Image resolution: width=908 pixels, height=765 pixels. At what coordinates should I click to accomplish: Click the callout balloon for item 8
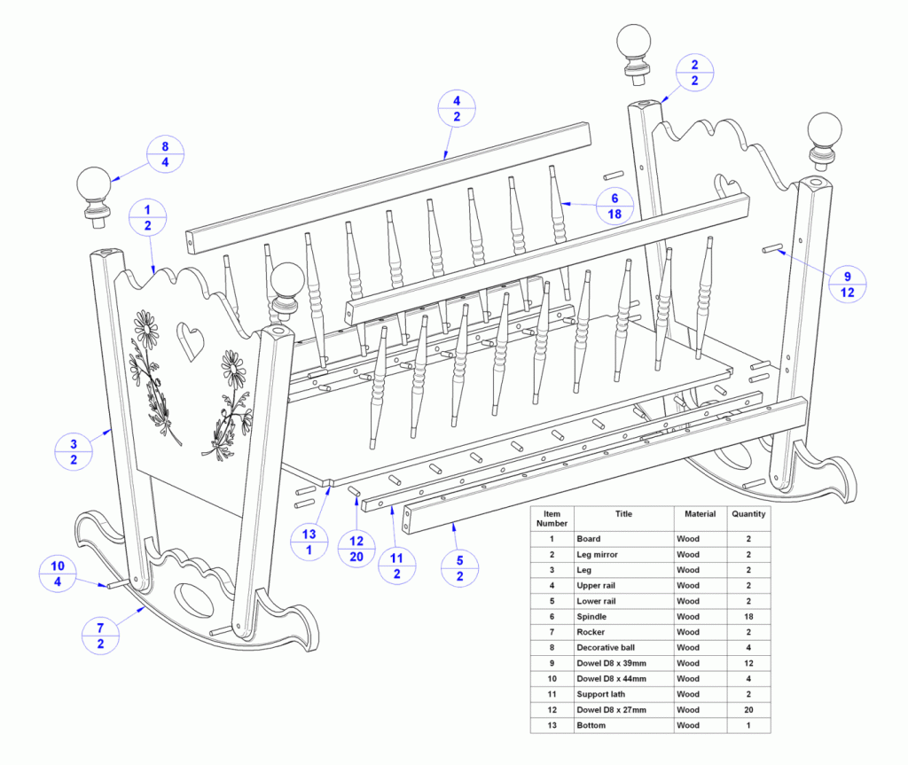[165, 154]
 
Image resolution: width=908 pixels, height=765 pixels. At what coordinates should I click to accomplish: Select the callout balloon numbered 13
[309, 542]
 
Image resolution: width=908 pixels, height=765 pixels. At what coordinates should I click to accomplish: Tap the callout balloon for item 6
[614, 207]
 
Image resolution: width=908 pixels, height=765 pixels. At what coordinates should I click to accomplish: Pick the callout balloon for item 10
[58, 574]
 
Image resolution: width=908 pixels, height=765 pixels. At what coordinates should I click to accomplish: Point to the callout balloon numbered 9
[847, 285]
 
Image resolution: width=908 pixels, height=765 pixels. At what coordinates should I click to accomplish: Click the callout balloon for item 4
[457, 109]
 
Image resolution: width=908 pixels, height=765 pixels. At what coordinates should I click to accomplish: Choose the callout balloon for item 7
[100, 636]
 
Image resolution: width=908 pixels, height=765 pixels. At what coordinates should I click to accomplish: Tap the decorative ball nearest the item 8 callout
[94, 198]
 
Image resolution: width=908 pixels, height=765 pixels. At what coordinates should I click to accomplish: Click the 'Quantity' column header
[748, 513]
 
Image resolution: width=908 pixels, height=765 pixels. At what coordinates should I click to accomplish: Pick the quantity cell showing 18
[748, 617]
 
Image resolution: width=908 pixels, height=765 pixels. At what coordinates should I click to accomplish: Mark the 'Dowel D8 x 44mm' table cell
[612, 679]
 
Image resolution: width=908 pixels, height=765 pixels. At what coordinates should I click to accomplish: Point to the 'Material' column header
[701, 513]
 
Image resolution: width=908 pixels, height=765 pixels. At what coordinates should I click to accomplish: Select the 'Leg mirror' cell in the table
[597, 555]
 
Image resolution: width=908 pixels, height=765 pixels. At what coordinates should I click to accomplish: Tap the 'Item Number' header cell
[552, 519]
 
